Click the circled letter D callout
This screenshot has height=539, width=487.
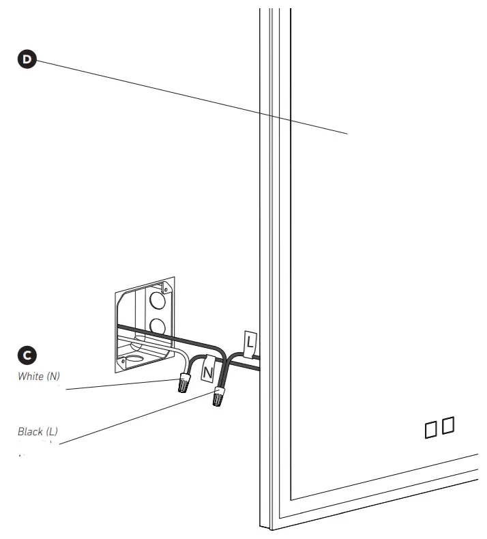pos(27,59)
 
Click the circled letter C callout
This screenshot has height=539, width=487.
pos(27,355)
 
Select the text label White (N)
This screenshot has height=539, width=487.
pos(39,377)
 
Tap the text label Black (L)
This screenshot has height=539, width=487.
pos(38,432)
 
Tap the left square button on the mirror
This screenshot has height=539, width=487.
pos(432,428)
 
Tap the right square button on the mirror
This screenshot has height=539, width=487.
pos(448,426)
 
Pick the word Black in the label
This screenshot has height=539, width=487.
pos(30,432)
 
